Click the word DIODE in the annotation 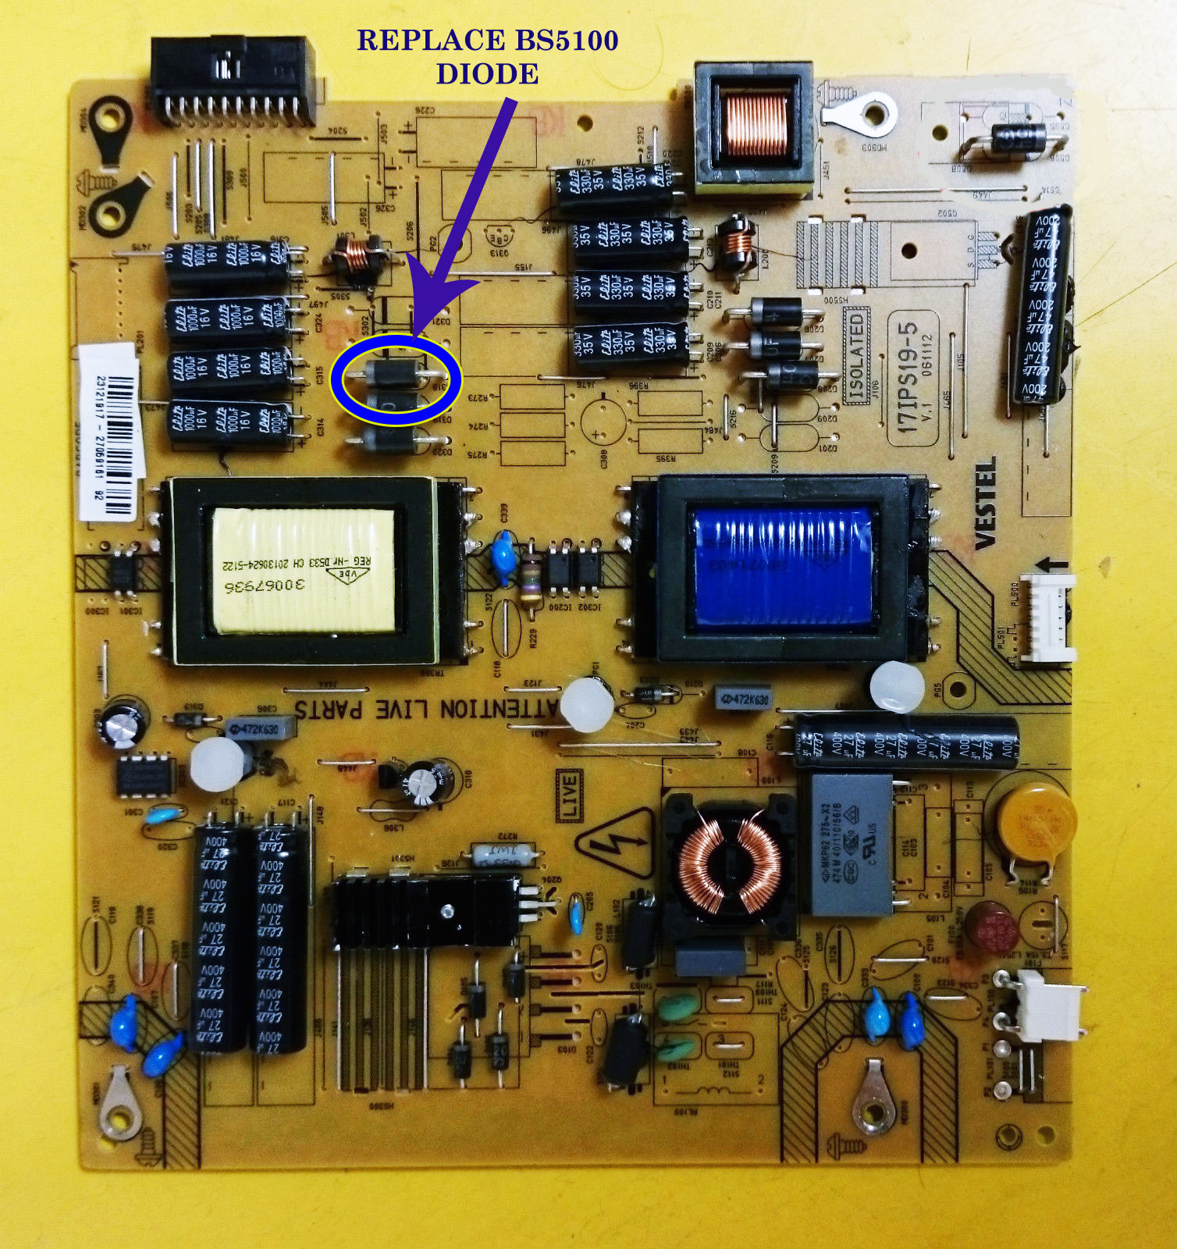click(x=487, y=74)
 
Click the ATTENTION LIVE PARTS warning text click(x=425, y=709)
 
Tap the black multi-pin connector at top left click(x=233, y=81)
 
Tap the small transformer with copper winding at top click(x=754, y=128)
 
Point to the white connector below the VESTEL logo click(x=1048, y=617)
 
